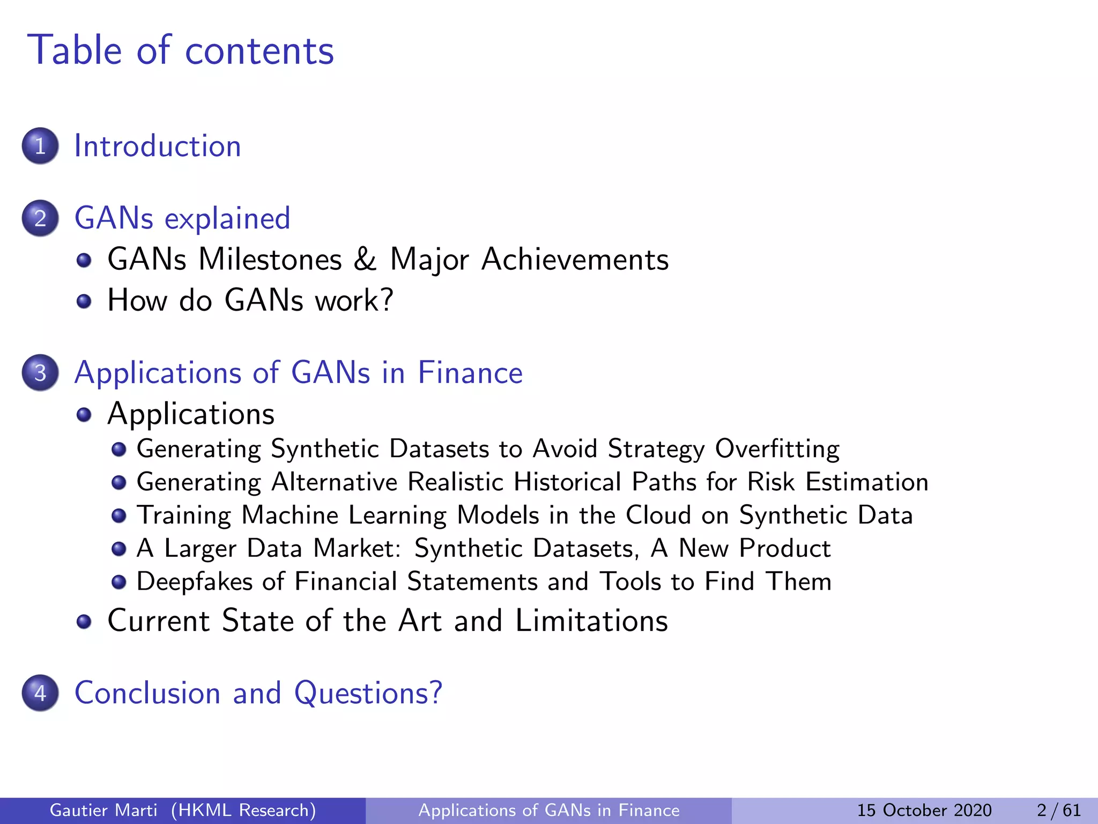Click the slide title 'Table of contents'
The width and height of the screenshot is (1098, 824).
[181, 50]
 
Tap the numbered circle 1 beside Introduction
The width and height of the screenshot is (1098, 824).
[40, 146]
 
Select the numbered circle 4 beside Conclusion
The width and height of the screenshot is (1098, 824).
[40, 693]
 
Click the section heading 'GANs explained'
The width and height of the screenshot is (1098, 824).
[182, 218]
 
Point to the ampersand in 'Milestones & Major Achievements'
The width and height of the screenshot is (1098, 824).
[365, 260]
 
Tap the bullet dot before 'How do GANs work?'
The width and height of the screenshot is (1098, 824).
[84, 301]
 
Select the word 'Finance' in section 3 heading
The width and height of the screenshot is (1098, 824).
[470, 373]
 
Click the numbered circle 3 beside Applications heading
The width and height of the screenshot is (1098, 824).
[40, 373]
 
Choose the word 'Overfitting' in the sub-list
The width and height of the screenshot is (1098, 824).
[777, 449]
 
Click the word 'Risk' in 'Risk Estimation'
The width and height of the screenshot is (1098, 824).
[770, 482]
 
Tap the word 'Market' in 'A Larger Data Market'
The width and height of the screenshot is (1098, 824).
[357, 548]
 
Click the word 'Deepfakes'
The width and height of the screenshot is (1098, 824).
[194, 582]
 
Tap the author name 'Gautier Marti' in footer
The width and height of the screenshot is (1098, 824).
[103, 810]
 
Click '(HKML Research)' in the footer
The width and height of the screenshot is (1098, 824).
[243, 810]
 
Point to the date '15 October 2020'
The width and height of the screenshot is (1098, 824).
[924, 810]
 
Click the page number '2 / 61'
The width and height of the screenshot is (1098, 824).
[1058, 810]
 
